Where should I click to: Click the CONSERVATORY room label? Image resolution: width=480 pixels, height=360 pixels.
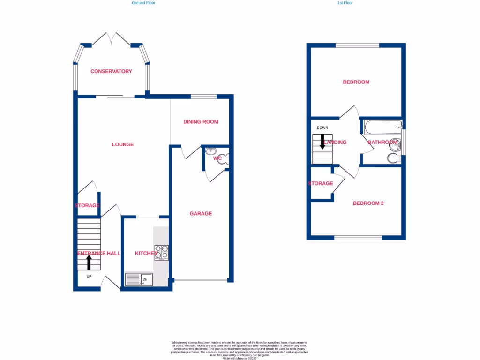pos(111,72)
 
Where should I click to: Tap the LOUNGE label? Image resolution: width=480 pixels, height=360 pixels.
pos(123,144)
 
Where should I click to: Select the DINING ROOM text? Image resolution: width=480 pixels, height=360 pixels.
pos(201,122)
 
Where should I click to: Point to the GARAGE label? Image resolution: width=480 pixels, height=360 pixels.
pos(201,214)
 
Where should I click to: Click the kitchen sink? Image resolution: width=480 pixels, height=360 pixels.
pos(139,280)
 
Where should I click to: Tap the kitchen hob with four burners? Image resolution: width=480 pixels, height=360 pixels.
pos(161,253)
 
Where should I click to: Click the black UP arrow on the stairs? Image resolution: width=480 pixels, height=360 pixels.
pos(89,262)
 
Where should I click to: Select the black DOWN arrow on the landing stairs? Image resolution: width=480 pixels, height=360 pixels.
pos(322,141)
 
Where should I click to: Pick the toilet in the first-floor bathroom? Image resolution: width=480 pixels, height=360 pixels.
pos(394,158)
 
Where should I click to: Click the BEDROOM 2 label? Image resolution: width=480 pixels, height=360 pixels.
pos(368,203)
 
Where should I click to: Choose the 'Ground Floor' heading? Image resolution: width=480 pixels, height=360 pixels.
pos(143,3)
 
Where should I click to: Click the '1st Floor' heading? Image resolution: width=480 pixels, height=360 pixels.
pos(345,3)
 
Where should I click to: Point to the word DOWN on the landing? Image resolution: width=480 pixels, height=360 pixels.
pos(322,128)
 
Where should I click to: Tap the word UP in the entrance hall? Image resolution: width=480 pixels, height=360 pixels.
pos(89,276)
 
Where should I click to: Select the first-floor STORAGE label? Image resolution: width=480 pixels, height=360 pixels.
pos(321,183)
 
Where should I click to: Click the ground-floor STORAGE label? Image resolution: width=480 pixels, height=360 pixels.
pos(87,206)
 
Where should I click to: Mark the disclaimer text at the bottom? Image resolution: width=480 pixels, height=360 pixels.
pos(240,351)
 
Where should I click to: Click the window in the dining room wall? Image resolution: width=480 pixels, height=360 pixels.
pos(203,97)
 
